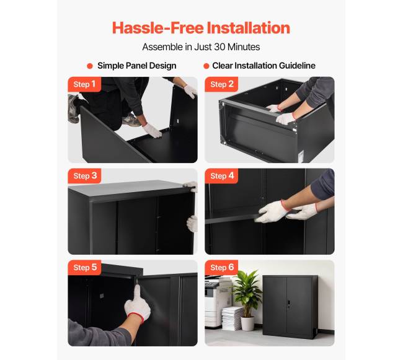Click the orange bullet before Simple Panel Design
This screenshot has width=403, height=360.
point(90,66)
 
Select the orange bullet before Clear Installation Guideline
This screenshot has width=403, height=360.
point(206,66)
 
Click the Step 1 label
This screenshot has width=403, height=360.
point(84,84)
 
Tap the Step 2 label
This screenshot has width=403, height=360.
point(221,84)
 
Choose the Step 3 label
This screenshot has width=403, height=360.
point(84,176)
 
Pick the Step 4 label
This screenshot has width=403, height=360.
point(221,176)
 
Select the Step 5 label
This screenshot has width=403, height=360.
point(84,267)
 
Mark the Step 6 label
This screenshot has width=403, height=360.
point(221,267)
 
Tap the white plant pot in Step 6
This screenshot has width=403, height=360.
point(247,324)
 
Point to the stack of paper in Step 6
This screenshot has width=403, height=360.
point(232,318)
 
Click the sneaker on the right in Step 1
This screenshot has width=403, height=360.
point(131,120)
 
